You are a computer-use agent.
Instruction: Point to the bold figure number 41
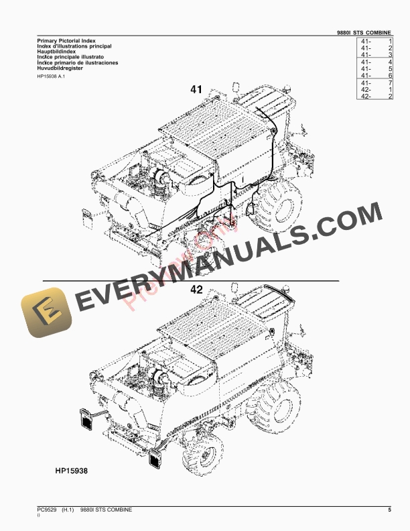coord(196,89)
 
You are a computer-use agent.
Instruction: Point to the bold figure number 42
coord(196,290)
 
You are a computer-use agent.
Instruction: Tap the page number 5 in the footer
coord(389,511)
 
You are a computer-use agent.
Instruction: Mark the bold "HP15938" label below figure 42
coord(72,471)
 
